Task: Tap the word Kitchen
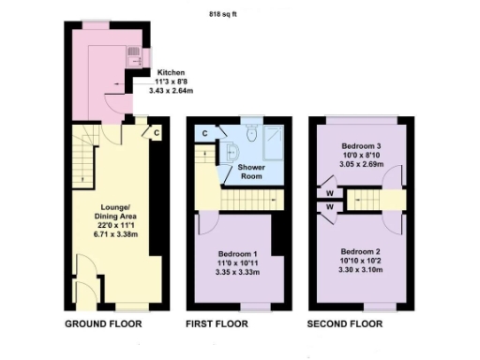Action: point(171,72)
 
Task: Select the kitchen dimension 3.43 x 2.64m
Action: point(171,91)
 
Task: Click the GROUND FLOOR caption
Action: point(103,324)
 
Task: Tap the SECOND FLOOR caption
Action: point(349,324)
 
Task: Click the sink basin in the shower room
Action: point(232,153)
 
